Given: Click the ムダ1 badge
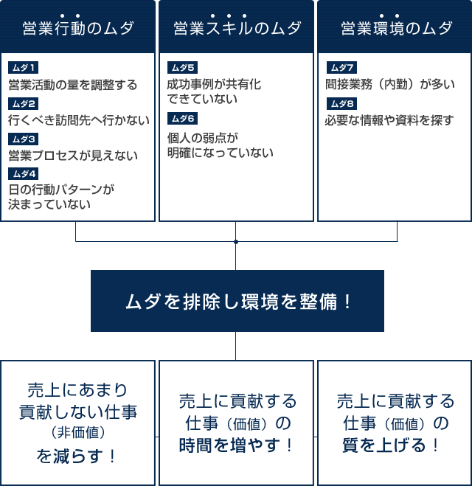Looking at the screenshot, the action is tap(24, 68).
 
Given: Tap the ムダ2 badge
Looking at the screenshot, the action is tap(24, 104).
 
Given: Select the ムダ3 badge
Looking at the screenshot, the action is tap(24, 139).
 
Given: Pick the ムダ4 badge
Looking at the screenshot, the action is tap(24, 174).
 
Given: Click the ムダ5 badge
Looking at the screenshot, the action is tap(183, 68).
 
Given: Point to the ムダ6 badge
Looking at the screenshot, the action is tap(183, 119).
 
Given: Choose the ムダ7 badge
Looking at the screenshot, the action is tap(342, 67).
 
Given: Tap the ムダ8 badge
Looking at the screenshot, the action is tap(342, 103).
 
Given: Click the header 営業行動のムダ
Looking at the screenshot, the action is tap(78, 28).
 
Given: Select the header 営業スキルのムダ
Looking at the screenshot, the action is tap(237, 28).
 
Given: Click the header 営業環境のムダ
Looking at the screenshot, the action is tap(396, 28).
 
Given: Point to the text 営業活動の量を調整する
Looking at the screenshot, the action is tap(73, 85).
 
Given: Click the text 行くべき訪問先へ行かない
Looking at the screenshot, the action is tap(79, 120).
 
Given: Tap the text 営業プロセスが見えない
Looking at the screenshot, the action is tap(73, 156).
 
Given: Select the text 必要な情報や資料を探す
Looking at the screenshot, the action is tap(389, 120).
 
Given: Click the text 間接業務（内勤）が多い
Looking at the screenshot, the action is tap(390, 84).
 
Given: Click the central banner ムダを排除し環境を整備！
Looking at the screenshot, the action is tap(237, 301).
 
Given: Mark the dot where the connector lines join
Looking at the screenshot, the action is tap(236, 241).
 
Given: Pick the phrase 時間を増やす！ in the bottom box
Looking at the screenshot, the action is tap(236, 445).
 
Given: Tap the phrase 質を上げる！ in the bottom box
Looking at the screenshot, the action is tap(390, 445).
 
